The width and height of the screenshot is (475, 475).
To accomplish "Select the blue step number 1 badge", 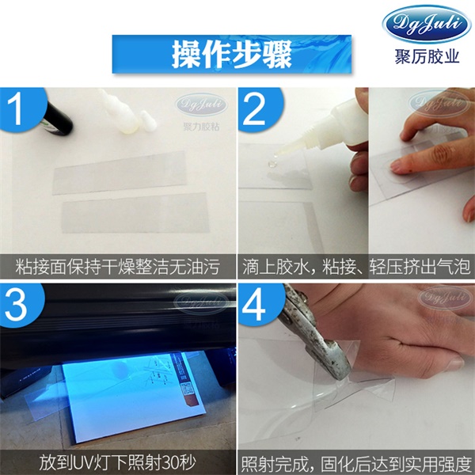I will coord(17,108).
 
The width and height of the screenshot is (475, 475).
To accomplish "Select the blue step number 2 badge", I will coord(255,108).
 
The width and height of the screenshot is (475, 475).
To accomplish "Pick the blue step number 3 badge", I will coord(17,302).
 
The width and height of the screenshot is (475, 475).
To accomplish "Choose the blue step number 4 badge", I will coord(255,302).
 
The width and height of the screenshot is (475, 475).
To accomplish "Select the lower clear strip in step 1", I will coord(135,210).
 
